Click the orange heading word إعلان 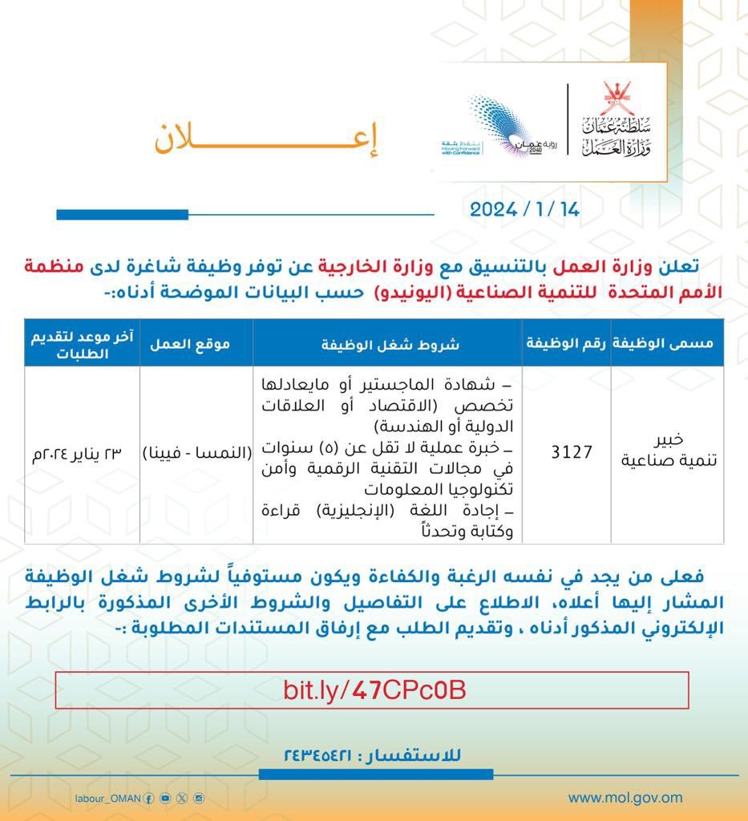[x=265, y=140]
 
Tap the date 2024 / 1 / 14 [x=524, y=209]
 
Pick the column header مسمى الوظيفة [x=666, y=342]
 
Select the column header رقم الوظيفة [x=567, y=342]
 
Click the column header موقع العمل [x=196, y=342]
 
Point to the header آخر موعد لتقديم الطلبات [x=82, y=342]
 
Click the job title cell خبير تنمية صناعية [x=666, y=452]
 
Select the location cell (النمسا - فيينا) [x=196, y=452]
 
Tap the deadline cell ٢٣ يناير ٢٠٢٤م [x=82, y=452]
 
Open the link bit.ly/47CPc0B [x=374, y=690]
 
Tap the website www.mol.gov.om [x=625, y=798]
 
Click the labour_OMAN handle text [x=107, y=799]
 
